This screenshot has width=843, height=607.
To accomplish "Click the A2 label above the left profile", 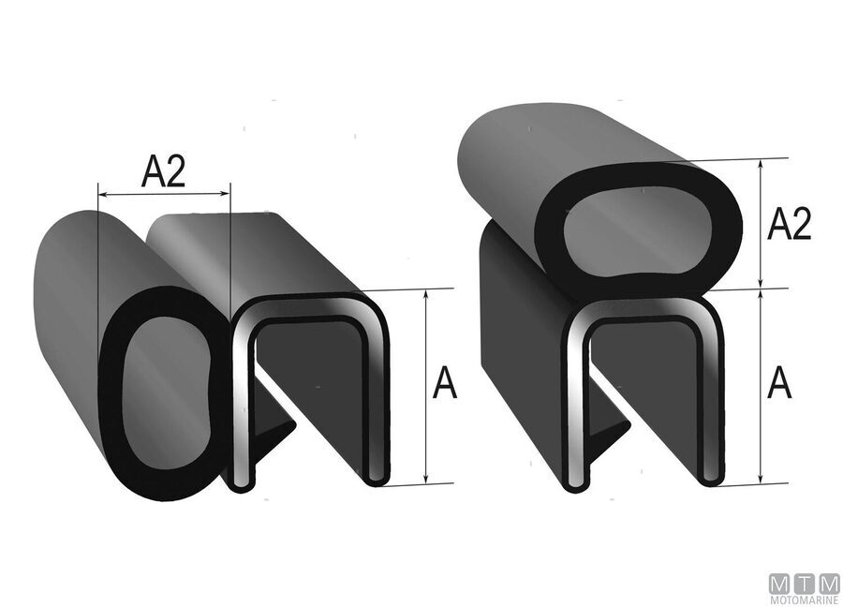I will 163,172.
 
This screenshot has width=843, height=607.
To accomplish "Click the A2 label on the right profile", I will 789,225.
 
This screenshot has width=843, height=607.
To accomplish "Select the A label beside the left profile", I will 446,383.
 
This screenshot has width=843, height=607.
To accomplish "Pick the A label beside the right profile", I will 779,383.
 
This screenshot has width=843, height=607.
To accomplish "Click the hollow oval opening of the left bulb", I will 158,392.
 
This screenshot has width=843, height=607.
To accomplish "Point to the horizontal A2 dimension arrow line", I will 164,195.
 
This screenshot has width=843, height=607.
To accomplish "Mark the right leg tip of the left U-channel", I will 377,478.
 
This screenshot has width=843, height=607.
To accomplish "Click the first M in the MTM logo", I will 779,582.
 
